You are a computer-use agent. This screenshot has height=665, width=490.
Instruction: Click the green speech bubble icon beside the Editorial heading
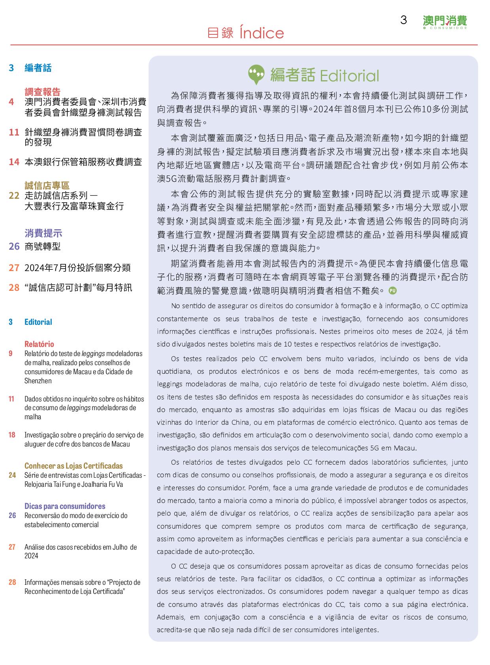(x=256, y=75)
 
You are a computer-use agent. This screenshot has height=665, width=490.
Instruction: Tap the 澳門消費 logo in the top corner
(x=445, y=22)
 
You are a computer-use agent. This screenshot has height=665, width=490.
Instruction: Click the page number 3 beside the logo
(x=403, y=20)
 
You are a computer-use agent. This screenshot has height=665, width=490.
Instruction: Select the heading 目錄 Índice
(x=245, y=33)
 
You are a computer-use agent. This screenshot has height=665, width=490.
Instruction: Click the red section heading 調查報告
(x=42, y=92)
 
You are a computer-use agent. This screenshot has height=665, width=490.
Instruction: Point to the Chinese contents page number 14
(x=14, y=162)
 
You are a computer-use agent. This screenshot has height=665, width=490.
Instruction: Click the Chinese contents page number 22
(x=14, y=195)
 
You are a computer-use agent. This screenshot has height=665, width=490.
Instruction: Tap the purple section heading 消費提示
(x=43, y=233)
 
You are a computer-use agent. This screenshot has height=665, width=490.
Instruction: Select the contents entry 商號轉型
(x=42, y=247)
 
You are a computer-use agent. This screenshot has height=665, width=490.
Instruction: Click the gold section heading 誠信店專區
(x=47, y=186)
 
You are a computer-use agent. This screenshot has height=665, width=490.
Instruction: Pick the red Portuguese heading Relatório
(x=39, y=344)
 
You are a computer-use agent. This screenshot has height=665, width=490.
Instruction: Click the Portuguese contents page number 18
(x=12, y=435)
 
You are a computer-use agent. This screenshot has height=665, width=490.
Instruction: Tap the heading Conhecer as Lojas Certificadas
(x=73, y=466)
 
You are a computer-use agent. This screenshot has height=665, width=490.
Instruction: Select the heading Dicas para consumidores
(x=65, y=506)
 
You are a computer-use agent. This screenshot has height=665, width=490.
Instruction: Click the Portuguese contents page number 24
(x=12, y=475)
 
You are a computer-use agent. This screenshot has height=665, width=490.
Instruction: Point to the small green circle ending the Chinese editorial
(x=393, y=290)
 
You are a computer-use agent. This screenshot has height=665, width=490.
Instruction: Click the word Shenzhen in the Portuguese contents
(x=38, y=381)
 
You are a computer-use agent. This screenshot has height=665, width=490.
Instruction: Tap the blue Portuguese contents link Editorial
(x=38, y=322)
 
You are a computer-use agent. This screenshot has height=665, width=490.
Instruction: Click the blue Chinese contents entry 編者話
(x=38, y=68)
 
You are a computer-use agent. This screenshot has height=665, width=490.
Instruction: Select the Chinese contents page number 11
(x=14, y=132)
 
